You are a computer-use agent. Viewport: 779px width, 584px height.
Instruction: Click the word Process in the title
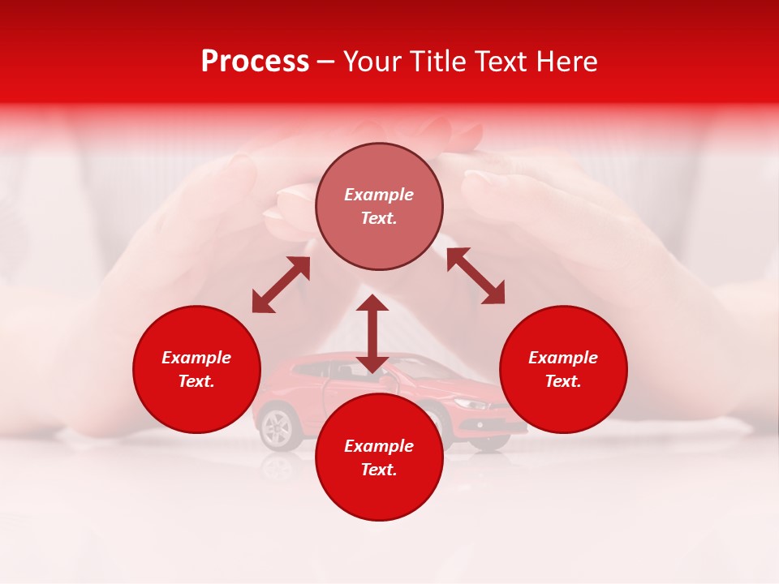click(x=255, y=62)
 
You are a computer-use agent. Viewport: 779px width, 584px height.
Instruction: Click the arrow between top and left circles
click(x=281, y=285)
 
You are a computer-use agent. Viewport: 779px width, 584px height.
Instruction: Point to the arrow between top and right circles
click(x=476, y=276)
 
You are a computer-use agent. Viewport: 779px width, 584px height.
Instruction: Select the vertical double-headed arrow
click(x=372, y=333)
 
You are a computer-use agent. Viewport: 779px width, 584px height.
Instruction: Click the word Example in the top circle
click(x=379, y=195)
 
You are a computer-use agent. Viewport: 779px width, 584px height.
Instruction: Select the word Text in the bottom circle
click(x=379, y=470)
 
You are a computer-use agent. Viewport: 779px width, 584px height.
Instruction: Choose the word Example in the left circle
click(x=196, y=358)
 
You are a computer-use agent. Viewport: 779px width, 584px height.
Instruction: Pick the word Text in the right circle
click(x=563, y=381)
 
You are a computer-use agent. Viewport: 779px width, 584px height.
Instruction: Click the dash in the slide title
click(x=326, y=62)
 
